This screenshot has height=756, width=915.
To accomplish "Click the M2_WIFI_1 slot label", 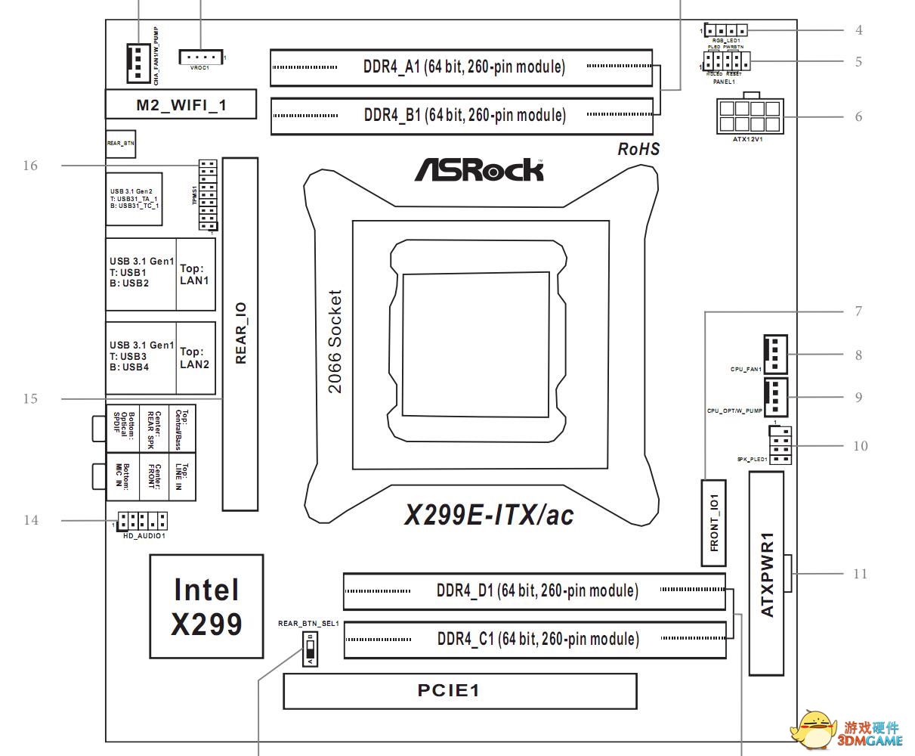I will click(x=181, y=105).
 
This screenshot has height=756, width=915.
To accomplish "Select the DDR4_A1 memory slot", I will click(x=462, y=67).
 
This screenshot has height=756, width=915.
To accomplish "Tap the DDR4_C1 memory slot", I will click(x=537, y=640).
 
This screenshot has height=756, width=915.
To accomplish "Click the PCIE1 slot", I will click(x=459, y=691).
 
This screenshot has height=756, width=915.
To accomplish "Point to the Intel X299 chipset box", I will click(x=206, y=606).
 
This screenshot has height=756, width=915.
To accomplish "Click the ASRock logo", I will click(x=478, y=169).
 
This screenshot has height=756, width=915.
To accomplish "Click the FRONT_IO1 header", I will click(x=714, y=522).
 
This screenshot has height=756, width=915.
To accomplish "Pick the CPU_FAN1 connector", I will click(x=775, y=354).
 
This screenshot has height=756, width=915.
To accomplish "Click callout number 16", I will click(x=30, y=166).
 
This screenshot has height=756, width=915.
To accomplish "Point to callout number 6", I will click(x=858, y=117).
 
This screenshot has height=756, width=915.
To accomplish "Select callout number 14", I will click(x=30, y=520).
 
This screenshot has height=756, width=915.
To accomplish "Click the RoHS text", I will click(x=638, y=149).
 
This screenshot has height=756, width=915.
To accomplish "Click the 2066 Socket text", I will click(x=335, y=342).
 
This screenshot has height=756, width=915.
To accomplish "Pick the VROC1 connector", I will click(x=200, y=57).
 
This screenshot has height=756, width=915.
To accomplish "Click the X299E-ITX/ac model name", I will click(x=489, y=516).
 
